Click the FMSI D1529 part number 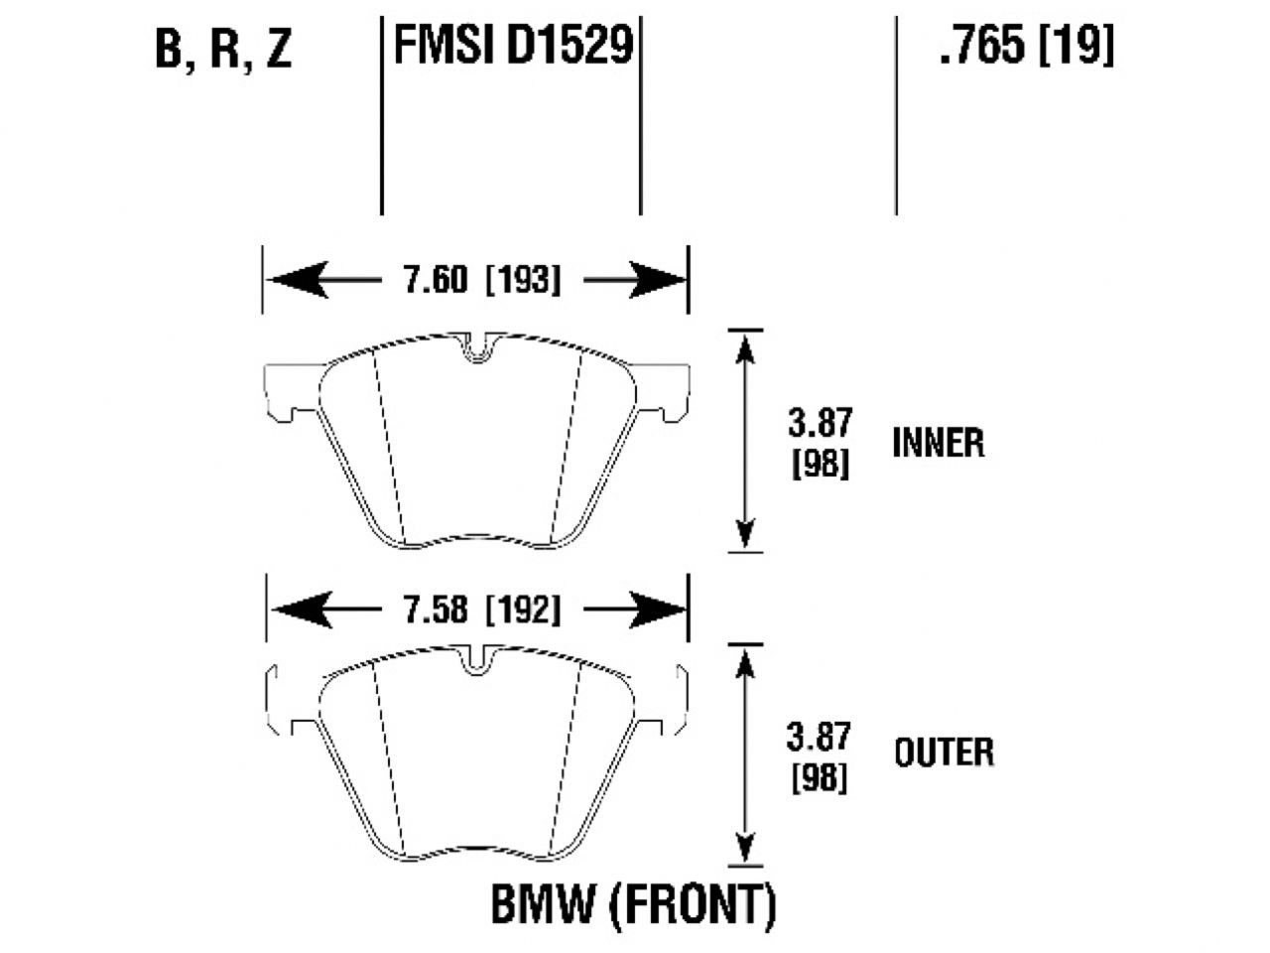(x=513, y=46)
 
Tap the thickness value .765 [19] (x=1026, y=46)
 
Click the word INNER (x=938, y=443)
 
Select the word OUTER (x=943, y=752)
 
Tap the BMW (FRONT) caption (x=633, y=904)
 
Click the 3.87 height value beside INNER (x=820, y=423)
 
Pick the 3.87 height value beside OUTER (x=819, y=738)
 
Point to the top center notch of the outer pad (x=478, y=661)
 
